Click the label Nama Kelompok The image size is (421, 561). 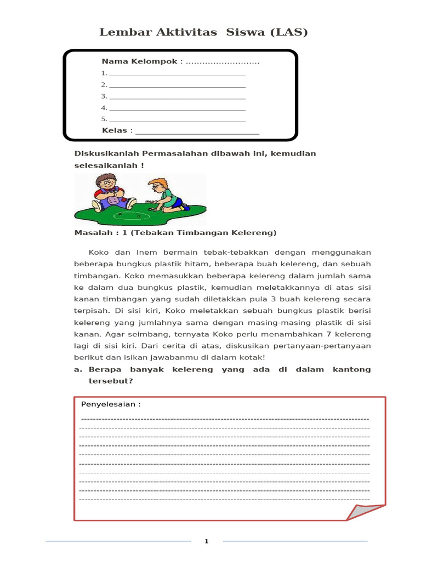tap(139, 61)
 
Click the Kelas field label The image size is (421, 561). tap(115, 130)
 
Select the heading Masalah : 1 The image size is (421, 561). tap(96, 233)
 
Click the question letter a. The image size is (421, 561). tap(77, 370)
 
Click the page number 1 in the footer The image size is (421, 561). tap(207, 542)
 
